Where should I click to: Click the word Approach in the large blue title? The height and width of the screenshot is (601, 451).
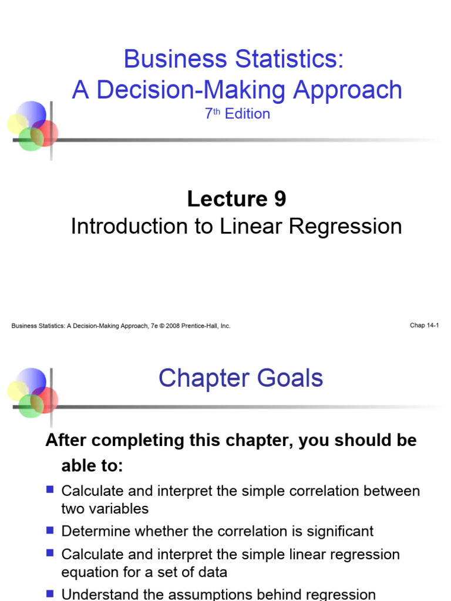pos(348,90)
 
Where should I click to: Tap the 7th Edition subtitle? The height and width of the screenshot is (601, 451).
pos(237,114)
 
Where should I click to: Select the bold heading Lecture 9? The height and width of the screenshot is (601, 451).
pos(237,199)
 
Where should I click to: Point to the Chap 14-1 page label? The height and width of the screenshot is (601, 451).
pos(425,325)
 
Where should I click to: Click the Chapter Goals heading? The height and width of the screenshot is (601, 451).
pos(241,379)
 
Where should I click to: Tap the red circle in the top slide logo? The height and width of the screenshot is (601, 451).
pos(46,132)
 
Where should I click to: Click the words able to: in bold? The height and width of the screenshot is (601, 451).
pos(93,466)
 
